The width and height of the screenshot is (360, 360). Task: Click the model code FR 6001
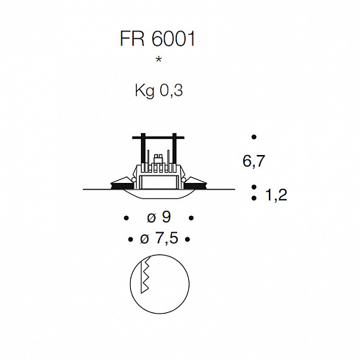(x=157, y=39)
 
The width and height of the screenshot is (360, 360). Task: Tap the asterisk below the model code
(x=159, y=60)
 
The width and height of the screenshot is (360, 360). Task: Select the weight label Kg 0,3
(x=159, y=91)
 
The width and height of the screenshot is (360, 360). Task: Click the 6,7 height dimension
(x=253, y=162)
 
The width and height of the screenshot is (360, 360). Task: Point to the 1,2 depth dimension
(x=276, y=195)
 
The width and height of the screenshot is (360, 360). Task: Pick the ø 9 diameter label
(x=159, y=217)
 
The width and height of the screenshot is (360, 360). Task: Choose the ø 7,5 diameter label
(x=159, y=239)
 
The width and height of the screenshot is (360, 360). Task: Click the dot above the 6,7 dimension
(x=254, y=137)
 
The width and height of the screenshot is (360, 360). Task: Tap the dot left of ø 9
(x=126, y=217)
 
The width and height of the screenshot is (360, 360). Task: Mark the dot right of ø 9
(x=191, y=217)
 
